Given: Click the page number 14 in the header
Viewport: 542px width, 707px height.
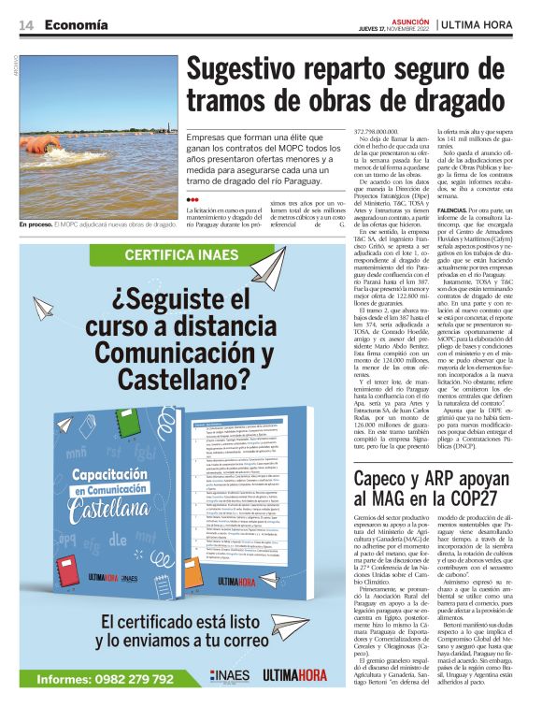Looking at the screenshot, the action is click(x=24, y=25).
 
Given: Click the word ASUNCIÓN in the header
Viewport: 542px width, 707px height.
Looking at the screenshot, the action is click(x=413, y=21).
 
